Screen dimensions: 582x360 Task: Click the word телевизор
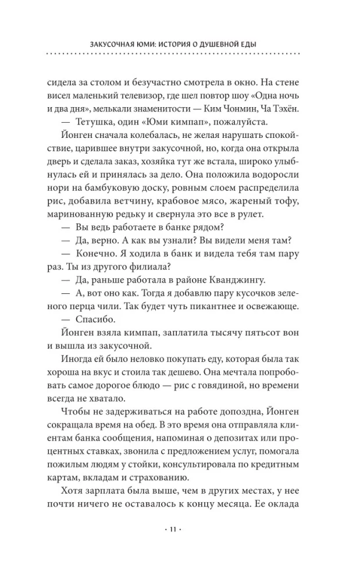pos(142,93)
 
